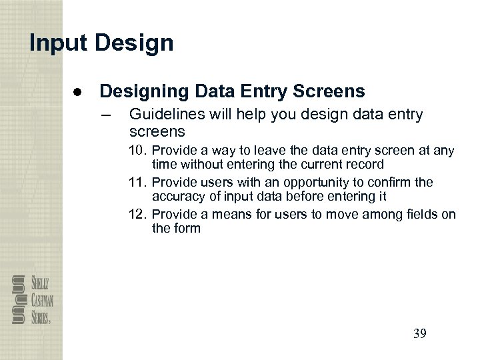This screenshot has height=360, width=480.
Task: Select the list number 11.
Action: pos(137,183)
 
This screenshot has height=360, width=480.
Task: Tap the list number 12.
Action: pos(137,215)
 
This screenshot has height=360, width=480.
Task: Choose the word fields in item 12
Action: pos(424,215)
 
